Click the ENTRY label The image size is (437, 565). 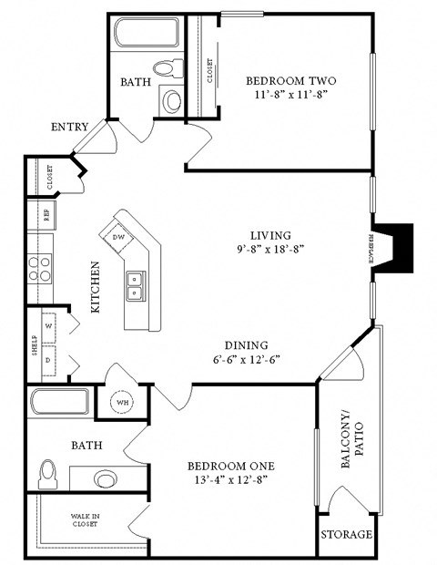point(70,127)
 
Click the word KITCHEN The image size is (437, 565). point(96,288)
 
